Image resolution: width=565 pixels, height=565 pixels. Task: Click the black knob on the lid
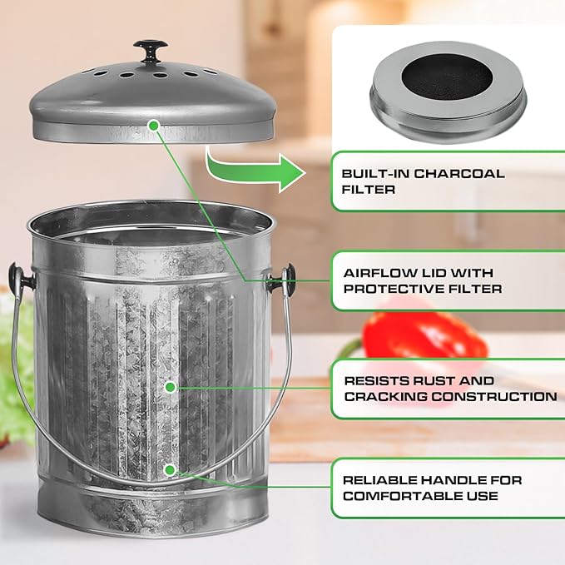[x=151, y=49]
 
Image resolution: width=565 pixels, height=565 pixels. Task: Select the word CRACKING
[x=384, y=396]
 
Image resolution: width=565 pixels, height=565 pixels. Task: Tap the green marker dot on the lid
[x=153, y=124]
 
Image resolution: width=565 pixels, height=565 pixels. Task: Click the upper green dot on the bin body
[x=171, y=387]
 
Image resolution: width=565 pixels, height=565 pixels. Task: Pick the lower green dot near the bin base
[x=170, y=469]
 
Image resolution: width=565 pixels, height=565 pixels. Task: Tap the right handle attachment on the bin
[x=288, y=278]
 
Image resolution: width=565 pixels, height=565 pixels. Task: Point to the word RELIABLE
[x=379, y=480]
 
